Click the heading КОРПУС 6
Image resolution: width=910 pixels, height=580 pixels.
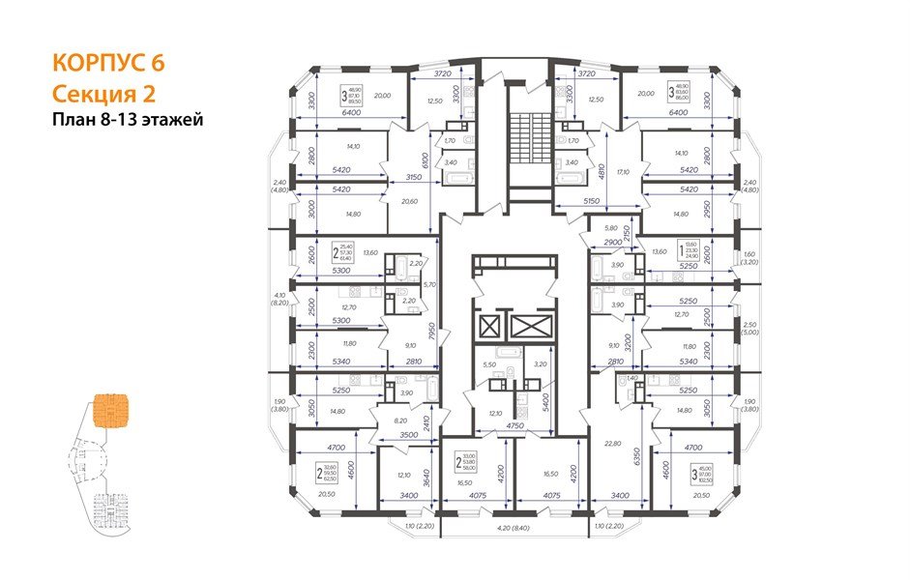click(107, 63)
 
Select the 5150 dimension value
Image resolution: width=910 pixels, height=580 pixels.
click(592, 201)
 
